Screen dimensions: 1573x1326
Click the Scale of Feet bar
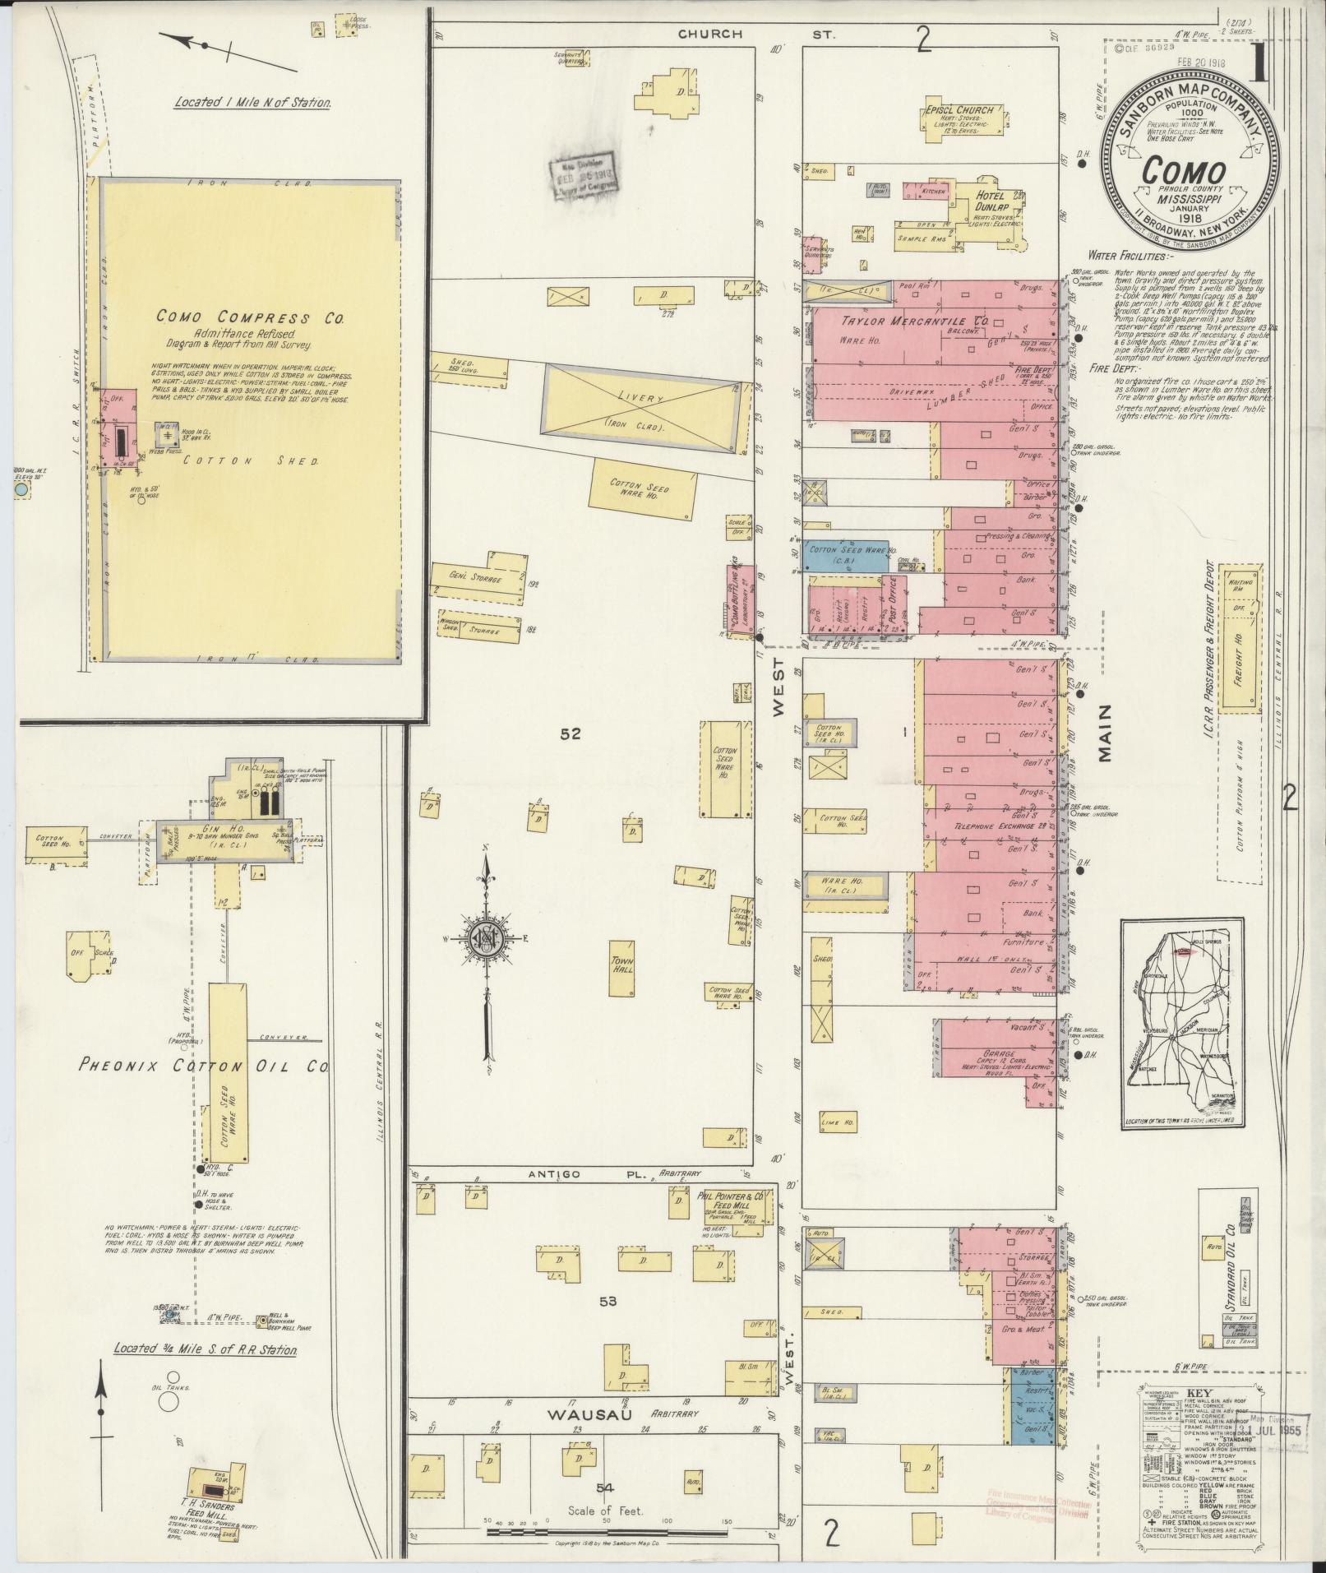point(608,1532)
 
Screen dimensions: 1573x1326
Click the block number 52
point(570,733)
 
